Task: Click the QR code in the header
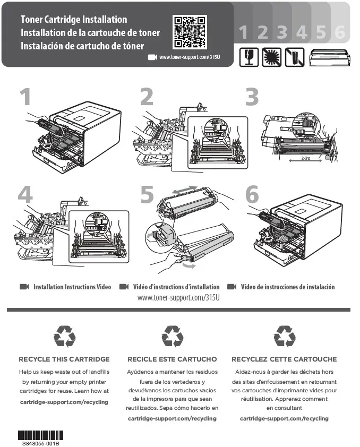(190, 32)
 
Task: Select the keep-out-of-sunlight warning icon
(272, 57)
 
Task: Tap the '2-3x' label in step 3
(305, 158)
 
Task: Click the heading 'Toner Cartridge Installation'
(74, 20)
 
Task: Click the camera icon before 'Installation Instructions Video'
(24, 287)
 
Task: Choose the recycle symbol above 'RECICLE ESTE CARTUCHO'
(172, 336)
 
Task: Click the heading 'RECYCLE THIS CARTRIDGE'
(64, 359)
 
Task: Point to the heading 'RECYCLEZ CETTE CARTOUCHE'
(284, 359)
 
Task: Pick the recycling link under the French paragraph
(284, 418)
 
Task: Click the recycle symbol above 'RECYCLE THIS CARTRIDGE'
(64, 336)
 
